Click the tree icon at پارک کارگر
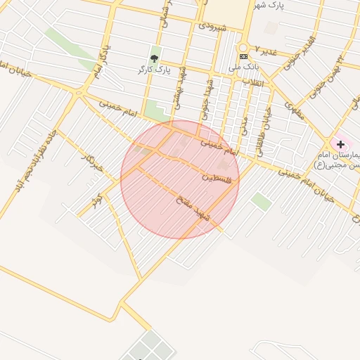pos(155,58)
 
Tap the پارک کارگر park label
pos(155,70)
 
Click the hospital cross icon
pos(341,144)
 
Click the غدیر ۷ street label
pos(266,51)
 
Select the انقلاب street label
pos(252,82)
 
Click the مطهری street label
pos(295,110)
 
